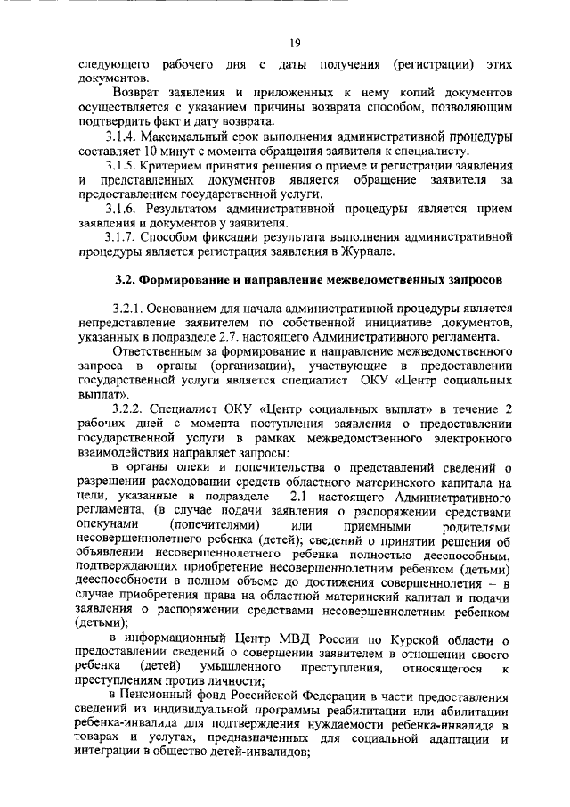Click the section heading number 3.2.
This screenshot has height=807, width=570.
coord(127,278)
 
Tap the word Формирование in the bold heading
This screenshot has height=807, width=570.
coord(183,278)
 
